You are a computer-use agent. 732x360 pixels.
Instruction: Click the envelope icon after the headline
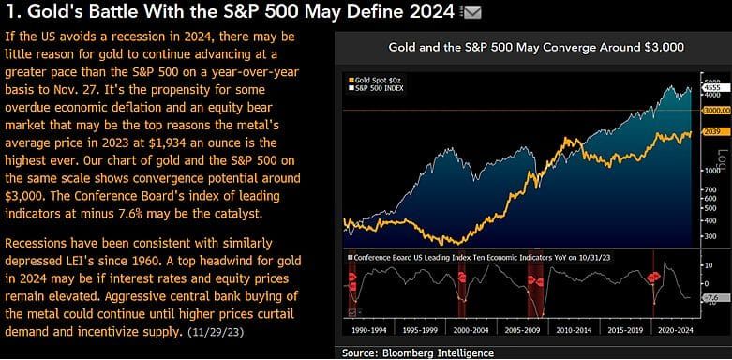pos(473,12)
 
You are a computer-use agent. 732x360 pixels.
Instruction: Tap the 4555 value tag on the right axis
pos(712,86)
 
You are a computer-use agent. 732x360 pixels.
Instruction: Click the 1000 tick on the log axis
pos(710,170)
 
